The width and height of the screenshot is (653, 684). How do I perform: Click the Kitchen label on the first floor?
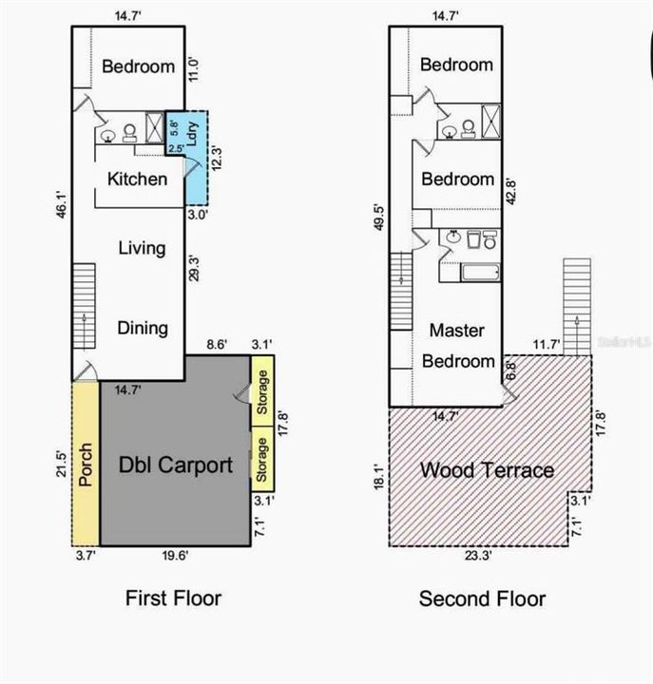138,180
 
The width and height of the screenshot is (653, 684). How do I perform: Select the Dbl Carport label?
176,465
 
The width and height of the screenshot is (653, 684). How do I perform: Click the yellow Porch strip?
86,464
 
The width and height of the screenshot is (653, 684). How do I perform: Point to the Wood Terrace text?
487,470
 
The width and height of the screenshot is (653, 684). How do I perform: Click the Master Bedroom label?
458,346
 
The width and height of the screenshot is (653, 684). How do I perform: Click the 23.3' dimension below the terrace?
478,556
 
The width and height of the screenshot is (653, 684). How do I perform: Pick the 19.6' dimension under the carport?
175,556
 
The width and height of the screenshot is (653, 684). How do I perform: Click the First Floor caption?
173,598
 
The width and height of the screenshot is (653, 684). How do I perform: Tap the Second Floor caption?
482,598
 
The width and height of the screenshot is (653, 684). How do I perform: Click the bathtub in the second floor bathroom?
481,273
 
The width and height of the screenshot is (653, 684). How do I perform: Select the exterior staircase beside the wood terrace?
577,307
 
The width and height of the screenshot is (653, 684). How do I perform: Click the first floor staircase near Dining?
84,306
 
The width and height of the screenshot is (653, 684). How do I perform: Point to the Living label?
142,248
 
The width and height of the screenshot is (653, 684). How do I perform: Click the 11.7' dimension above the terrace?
547,345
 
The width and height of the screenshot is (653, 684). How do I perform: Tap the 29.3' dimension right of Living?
194,268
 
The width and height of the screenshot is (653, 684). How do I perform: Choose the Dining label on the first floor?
143,329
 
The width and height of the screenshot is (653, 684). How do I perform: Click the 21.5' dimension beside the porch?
61,465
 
